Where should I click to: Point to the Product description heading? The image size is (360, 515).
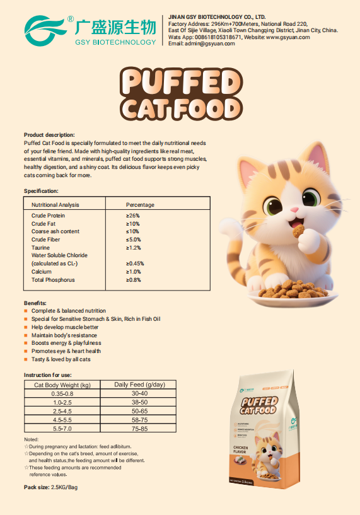point(49,135)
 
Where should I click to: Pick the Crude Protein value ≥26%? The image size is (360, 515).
point(133,216)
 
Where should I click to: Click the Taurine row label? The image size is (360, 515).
point(40,248)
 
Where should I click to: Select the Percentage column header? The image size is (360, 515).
point(140,205)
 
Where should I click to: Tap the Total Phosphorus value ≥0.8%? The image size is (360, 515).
point(134,280)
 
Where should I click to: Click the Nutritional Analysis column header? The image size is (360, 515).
point(55,205)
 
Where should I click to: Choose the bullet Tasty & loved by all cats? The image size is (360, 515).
point(61,359)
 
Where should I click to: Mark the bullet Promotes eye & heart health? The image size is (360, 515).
point(66,351)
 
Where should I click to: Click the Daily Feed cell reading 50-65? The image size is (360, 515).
point(139,410)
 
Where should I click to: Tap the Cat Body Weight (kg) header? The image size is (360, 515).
point(62,385)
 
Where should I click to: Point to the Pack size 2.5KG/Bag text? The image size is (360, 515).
point(50,487)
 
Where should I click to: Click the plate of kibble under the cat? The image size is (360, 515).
point(291,292)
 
